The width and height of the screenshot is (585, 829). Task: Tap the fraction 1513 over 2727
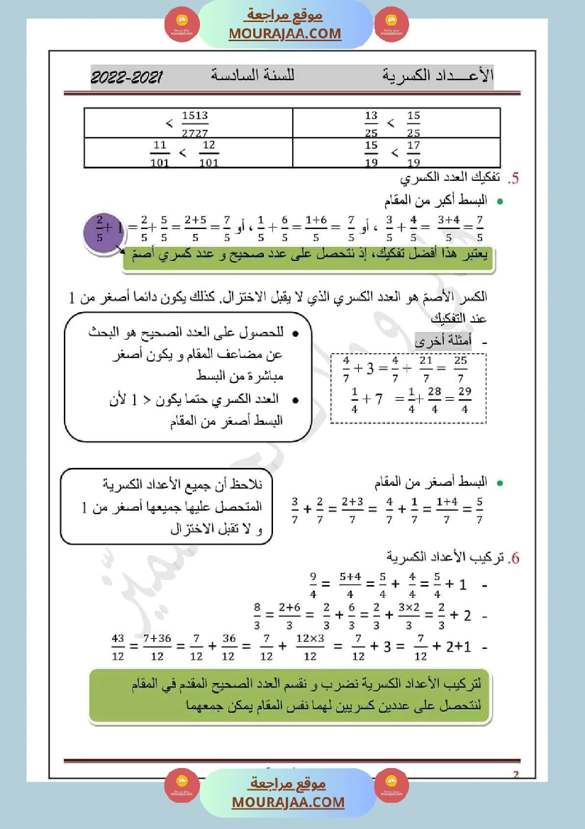[x=194, y=123]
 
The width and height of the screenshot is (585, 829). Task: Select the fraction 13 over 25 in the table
[x=372, y=123]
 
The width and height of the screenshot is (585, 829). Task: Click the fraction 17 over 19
[x=414, y=153]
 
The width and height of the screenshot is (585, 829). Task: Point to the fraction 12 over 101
[x=208, y=153]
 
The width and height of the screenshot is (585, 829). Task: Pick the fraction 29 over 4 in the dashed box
[x=464, y=399]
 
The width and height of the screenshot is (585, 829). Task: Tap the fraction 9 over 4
[x=313, y=586]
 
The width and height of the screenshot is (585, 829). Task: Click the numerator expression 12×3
[x=310, y=640]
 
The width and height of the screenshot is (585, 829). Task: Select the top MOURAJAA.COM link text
[x=285, y=33]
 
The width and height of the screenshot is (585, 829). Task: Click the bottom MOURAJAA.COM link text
[x=288, y=802]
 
